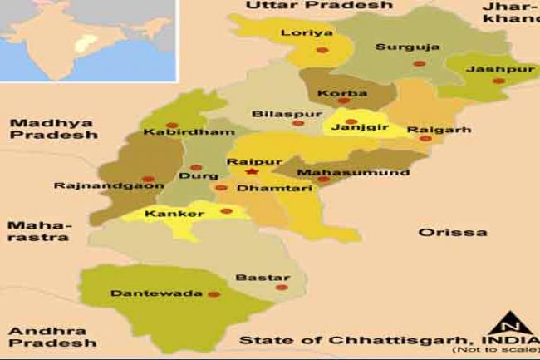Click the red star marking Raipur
252,172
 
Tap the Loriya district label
307,32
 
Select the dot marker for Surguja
420,63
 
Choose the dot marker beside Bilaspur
297,123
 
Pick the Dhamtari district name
263,189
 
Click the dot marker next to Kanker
226,211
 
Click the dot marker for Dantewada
214,293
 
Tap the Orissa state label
452,232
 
